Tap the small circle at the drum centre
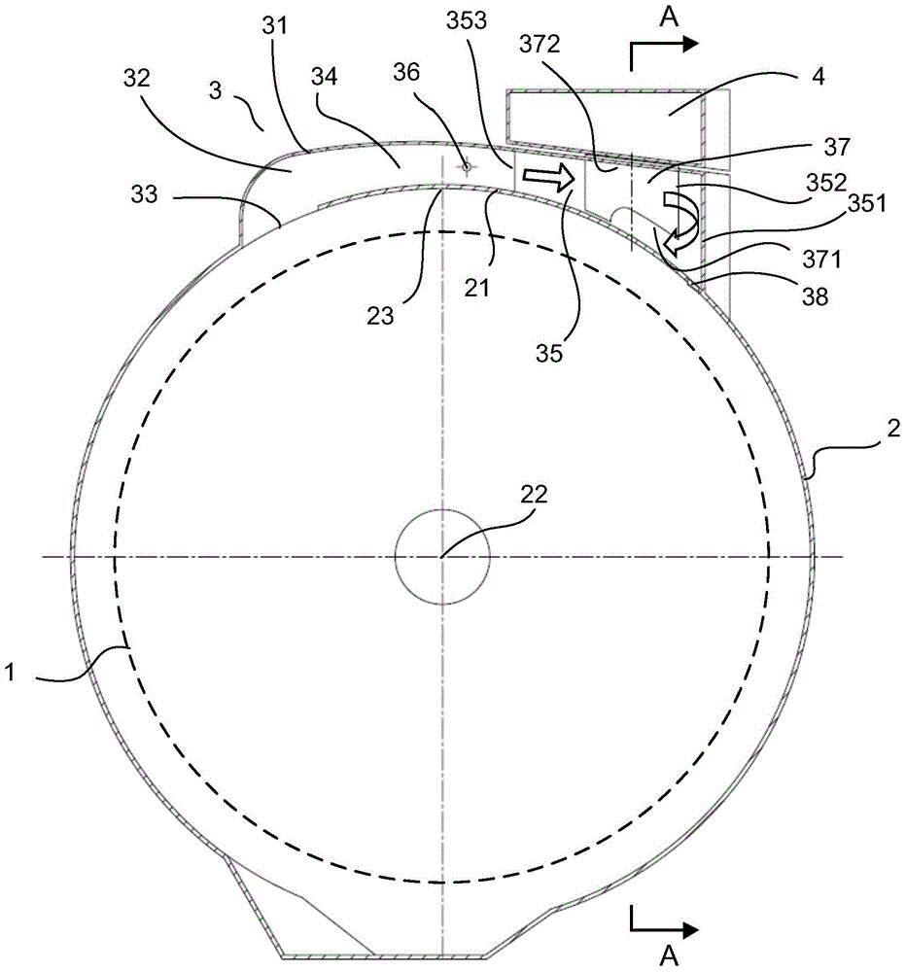pyautogui.click(x=441, y=556)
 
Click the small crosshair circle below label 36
pyautogui.click(x=466, y=166)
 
